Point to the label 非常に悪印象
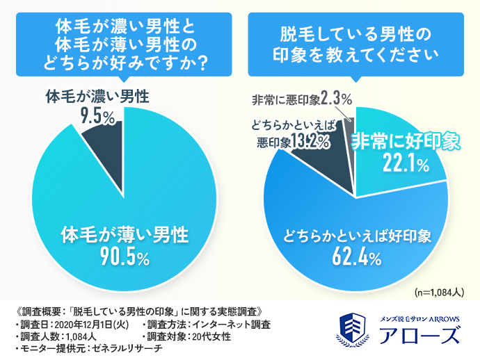click(x=285, y=99)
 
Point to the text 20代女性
click(x=212, y=336)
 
